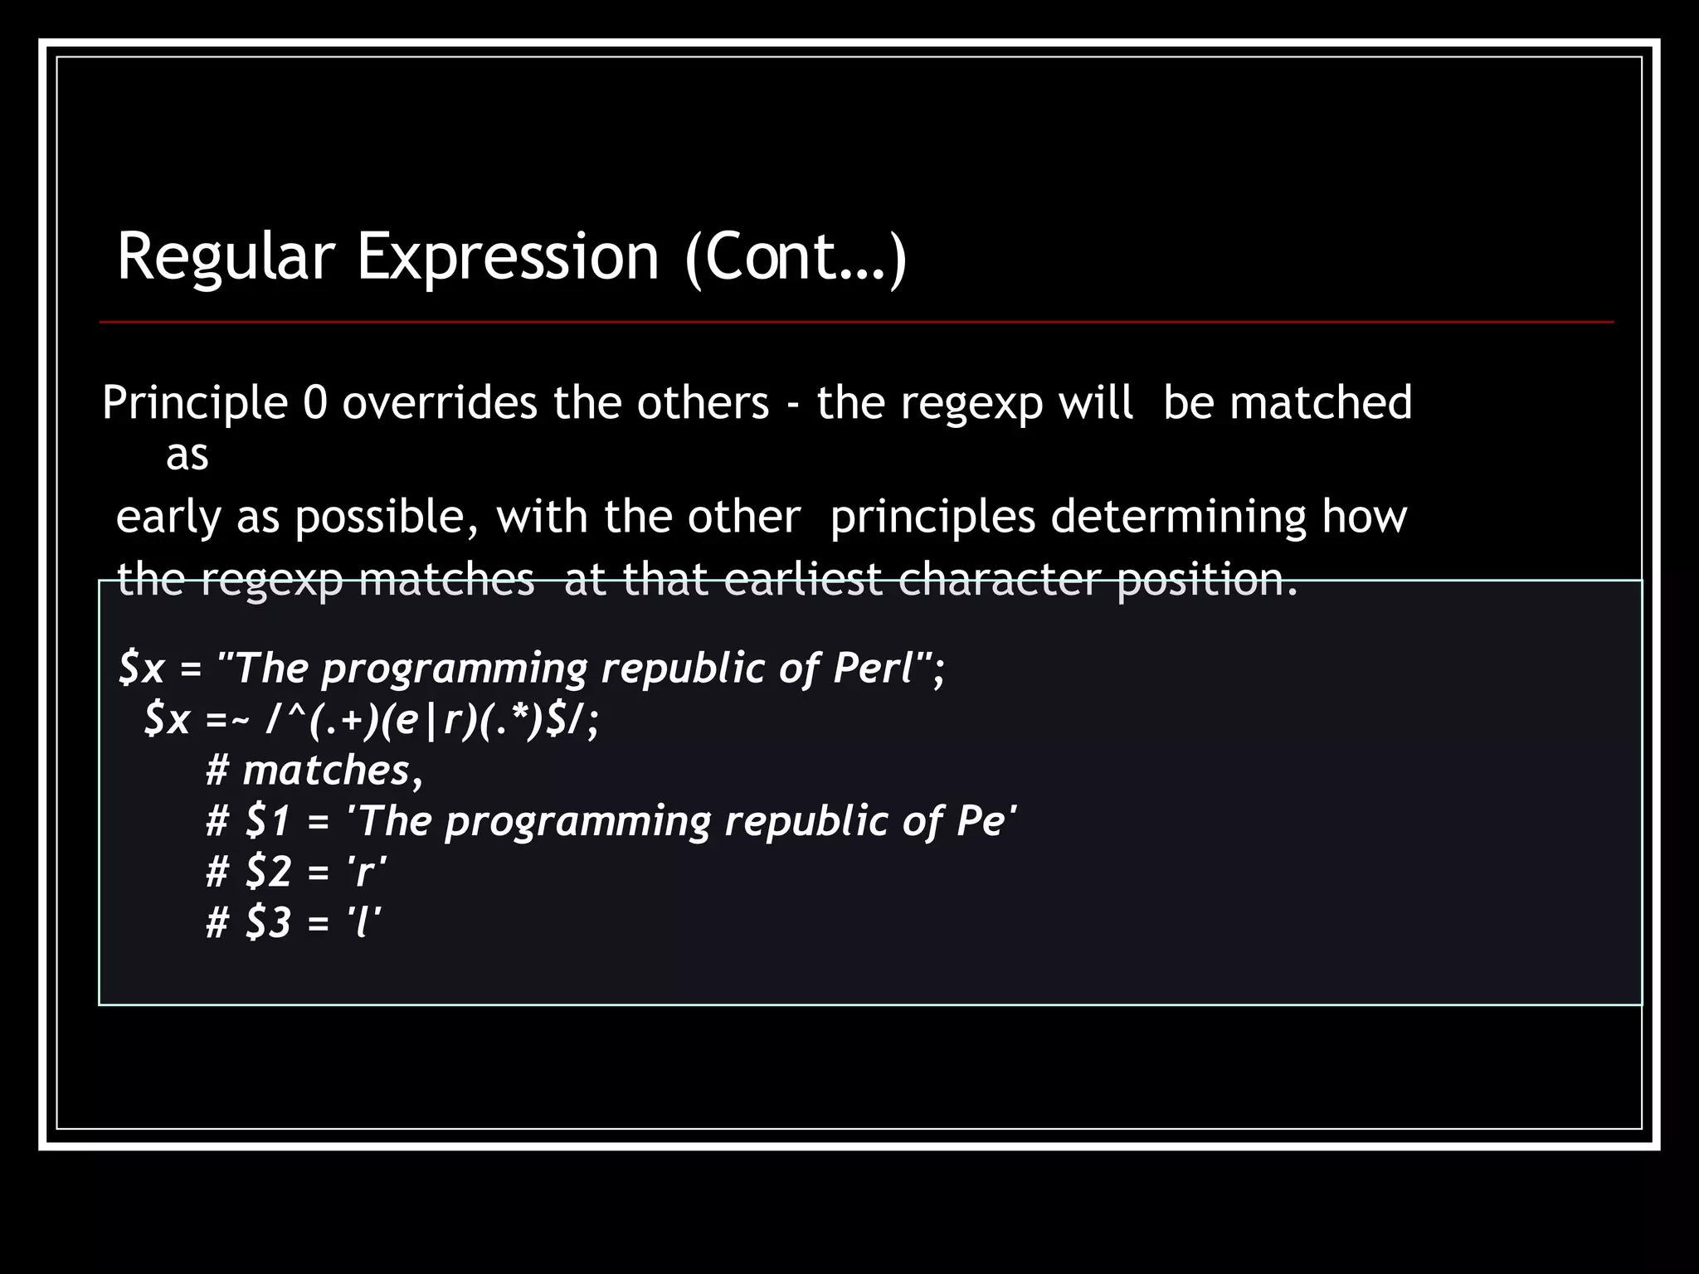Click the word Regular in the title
click(x=225, y=257)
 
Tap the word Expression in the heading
click(x=508, y=257)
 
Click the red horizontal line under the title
click(x=856, y=322)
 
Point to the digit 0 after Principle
click(x=315, y=404)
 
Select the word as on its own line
click(x=187, y=455)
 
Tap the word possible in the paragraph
click(x=387, y=518)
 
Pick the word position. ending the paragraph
click(x=1207, y=580)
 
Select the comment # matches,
click(x=314, y=771)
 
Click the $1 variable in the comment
click(x=268, y=821)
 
